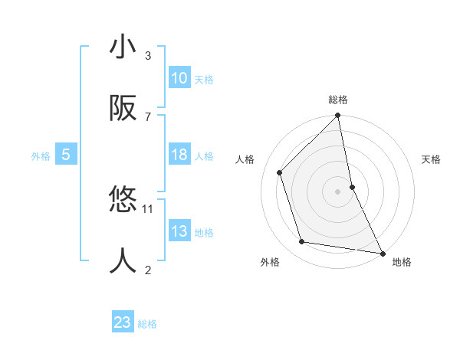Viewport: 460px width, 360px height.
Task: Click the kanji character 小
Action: (x=123, y=47)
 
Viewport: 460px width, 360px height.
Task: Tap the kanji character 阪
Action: (x=123, y=109)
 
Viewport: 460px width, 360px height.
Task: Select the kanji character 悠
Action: (x=123, y=201)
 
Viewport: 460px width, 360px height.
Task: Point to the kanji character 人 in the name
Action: (x=123, y=261)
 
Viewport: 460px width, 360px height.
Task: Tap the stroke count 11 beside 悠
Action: (x=148, y=208)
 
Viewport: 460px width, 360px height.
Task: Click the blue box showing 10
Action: (x=179, y=78)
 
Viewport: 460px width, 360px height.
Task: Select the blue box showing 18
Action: (x=179, y=155)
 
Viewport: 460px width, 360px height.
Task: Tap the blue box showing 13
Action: (x=179, y=231)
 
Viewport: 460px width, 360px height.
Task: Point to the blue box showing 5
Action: (x=66, y=155)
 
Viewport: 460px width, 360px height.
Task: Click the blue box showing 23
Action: (x=123, y=322)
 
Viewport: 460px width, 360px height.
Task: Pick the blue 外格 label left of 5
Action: (x=41, y=156)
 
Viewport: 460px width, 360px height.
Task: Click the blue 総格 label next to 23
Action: (x=147, y=324)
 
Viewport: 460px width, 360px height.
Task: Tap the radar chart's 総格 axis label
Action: (x=338, y=100)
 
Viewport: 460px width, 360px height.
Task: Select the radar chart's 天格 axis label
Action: (x=432, y=159)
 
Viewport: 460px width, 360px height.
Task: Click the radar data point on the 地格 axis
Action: (x=382, y=253)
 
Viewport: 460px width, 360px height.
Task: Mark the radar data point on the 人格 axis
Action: (x=280, y=172)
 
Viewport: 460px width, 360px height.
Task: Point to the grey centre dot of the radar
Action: (x=338, y=191)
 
